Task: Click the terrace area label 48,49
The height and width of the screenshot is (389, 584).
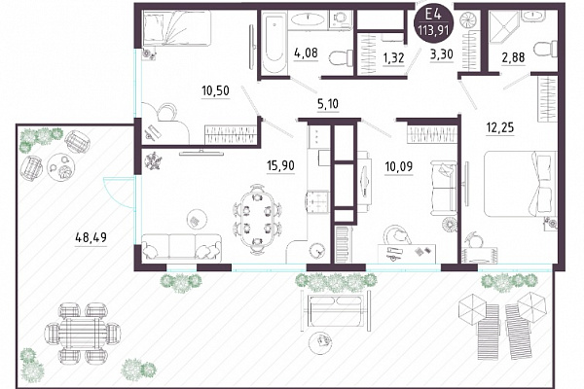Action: [x=91, y=237]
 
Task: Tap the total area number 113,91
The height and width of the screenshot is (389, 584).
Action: [x=433, y=30]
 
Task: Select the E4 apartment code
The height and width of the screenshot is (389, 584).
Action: [x=433, y=15]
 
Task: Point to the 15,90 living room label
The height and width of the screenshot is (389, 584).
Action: [x=281, y=165]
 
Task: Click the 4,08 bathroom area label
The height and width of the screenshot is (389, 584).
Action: [x=306, y=53]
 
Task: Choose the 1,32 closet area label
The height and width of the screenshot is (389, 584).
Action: [x=393, y=58]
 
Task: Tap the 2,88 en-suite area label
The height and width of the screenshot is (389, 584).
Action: [x=513, y=57]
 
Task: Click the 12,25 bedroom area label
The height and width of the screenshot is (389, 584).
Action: [x=500, y=127]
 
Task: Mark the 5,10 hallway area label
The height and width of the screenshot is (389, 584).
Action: [x=328, y=104]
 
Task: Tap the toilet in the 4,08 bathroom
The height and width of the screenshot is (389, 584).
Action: [x=342, y=58]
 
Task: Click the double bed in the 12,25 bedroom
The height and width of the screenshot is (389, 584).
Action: [x=520, y=183]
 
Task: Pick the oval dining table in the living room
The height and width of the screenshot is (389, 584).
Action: [x=257, y=220]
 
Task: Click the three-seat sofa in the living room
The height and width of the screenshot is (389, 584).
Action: [x=181, y=246]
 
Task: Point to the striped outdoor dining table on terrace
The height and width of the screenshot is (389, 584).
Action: [x=83, y=333]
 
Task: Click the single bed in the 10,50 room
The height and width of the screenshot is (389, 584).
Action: [x=177, y=28]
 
